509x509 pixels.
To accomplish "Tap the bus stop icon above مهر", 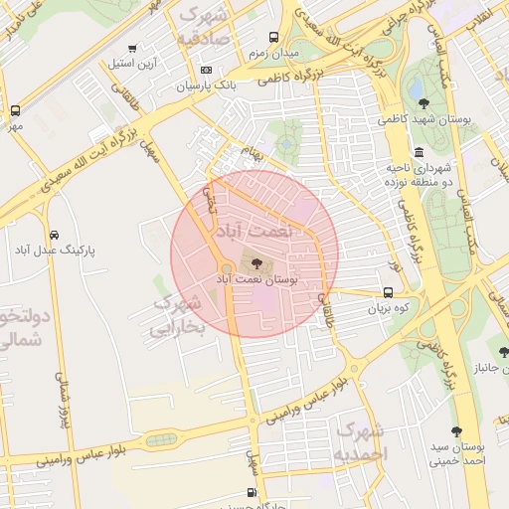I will (x=15, y=111).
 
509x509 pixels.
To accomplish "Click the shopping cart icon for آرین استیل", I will (x=133, y=48).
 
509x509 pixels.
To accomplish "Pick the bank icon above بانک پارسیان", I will (x=206, y=70).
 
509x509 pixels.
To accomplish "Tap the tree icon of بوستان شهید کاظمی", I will (x=424, y=102).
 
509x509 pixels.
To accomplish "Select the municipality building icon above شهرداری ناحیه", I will (x=419, y=152).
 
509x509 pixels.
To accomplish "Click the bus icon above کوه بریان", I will (x=388, y=293).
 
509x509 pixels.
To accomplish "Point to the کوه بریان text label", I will (x=388, y=309).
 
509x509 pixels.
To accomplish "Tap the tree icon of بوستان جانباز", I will (x=505, y=352).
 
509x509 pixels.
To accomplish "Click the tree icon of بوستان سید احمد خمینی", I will (x=456, y=431).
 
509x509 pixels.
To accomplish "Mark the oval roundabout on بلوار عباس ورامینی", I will (x=160, y=439).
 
